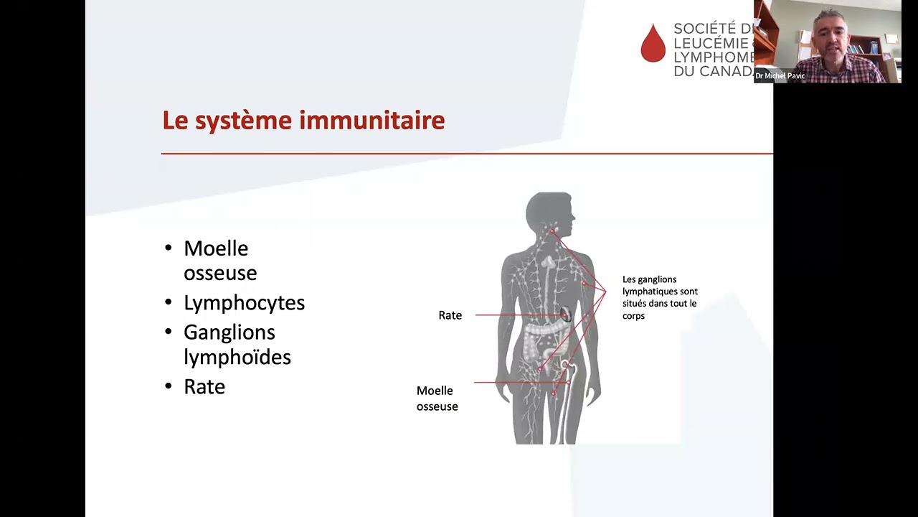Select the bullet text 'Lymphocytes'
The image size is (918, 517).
tap(244, 303)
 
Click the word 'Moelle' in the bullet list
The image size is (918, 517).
tap(216, 248)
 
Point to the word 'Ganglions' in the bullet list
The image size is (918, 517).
tap(229, 332)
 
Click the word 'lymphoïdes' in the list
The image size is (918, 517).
tap(237, 357)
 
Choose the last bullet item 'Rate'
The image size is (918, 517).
tap(204, 387)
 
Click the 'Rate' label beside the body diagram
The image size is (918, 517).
tap(450, 315)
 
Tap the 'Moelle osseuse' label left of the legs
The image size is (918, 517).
tap(437, 399)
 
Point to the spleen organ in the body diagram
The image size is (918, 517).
tap(565, 315)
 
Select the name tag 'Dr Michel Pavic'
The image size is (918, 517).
tap(780, 76)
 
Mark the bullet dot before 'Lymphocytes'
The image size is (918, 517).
tap(169, 302)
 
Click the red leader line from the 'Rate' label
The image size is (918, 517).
tap(516, 315)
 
